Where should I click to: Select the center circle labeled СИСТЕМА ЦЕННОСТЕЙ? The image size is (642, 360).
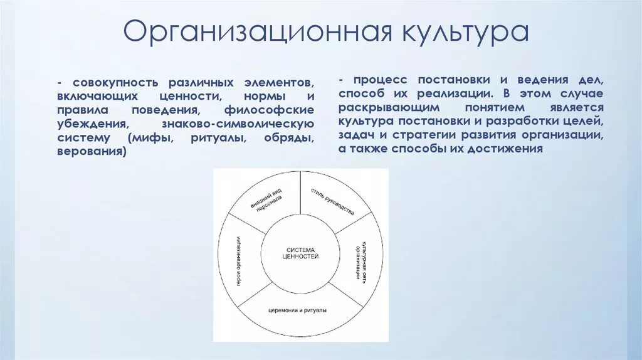pyautogui.click(x=298, y=253)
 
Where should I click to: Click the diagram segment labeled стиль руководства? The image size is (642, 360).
pyautogui.click(x=332, y=201)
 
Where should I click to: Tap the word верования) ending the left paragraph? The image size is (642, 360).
pyautogui.click(x=91, y=152)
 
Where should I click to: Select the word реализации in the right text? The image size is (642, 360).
pyautogui.click(x=458, y=94)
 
